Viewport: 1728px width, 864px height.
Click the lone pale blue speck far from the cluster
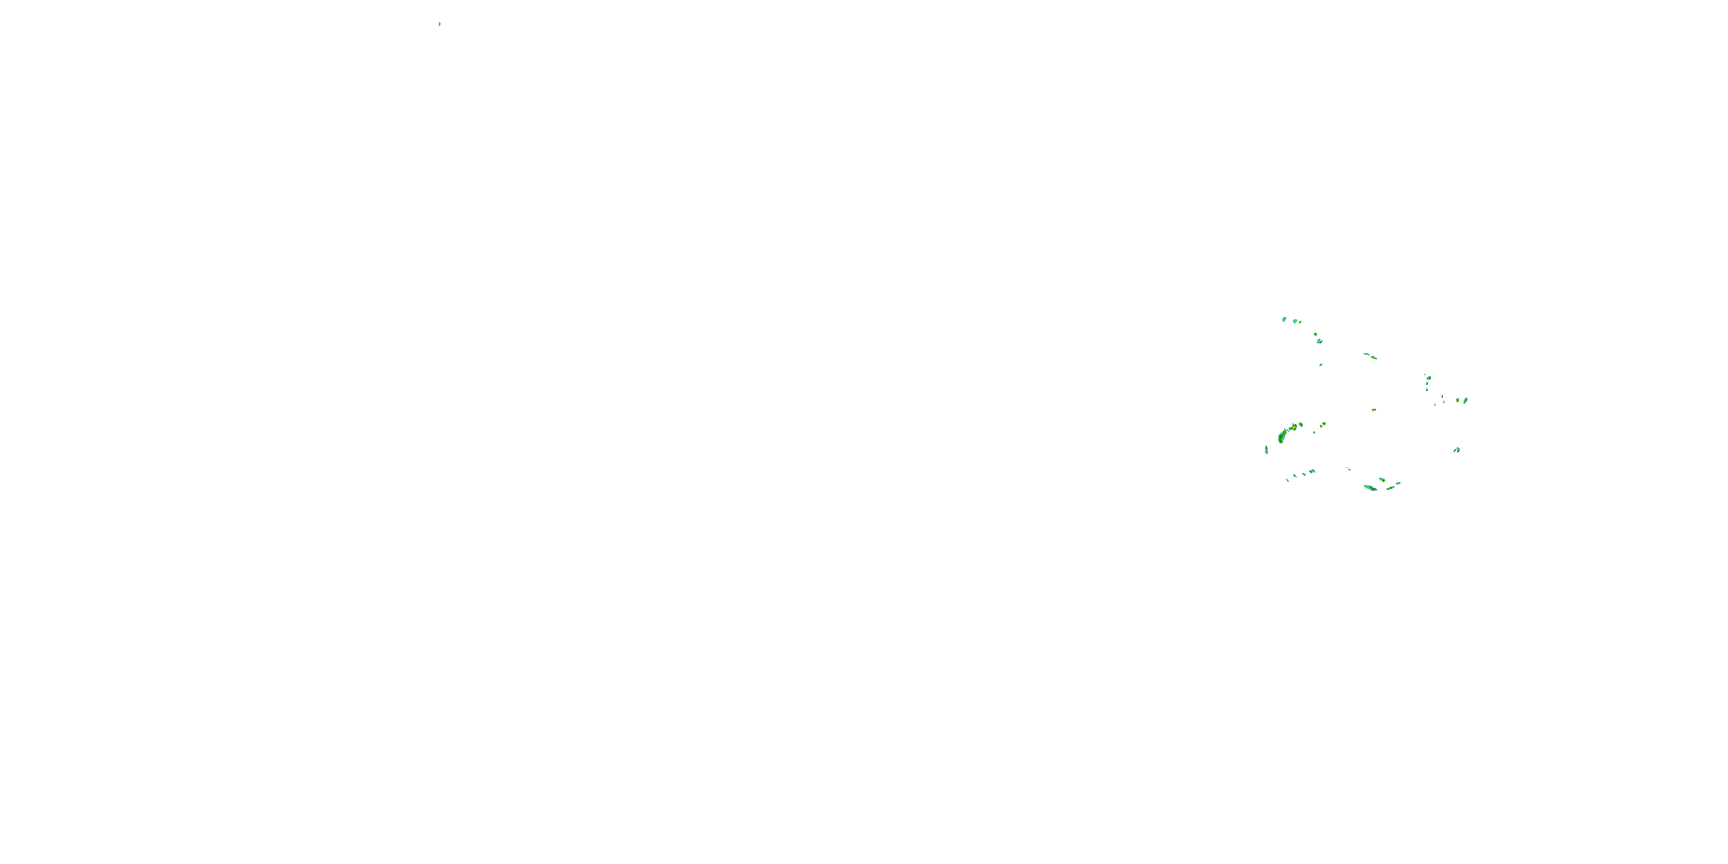(439, 24)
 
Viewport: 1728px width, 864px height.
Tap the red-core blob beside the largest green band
(1301, 425)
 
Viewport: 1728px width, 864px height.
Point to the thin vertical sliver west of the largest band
(1266, 449)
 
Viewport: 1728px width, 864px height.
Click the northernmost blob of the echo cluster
(1284, 319)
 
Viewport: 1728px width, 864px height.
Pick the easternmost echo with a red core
(1466, 400)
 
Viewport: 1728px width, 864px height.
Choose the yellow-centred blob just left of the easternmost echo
(1458, 400)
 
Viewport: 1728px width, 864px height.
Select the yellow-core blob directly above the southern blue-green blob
(1382, 480)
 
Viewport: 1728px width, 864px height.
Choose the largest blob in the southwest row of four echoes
(1312, 472)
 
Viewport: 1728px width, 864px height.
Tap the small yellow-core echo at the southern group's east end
(1398, 483)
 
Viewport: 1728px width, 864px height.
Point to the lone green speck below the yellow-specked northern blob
(1321, 365)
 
